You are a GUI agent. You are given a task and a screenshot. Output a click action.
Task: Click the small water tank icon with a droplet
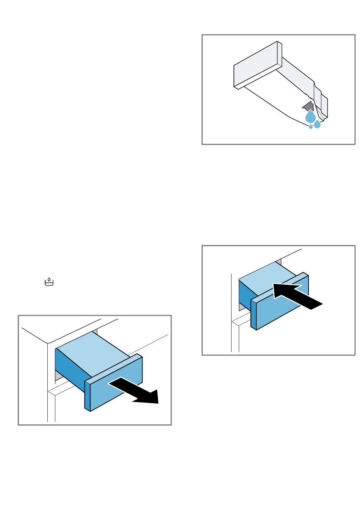click(49, 282)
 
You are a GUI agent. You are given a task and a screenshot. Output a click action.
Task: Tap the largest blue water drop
click(310, 117)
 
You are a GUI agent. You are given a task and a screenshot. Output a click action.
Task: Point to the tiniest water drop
click(311, 126)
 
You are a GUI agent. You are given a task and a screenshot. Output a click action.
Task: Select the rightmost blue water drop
click(318, 124)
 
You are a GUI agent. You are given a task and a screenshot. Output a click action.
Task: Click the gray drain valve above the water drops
click(308, 107)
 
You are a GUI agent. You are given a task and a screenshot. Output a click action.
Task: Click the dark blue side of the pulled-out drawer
click(70, 369)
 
